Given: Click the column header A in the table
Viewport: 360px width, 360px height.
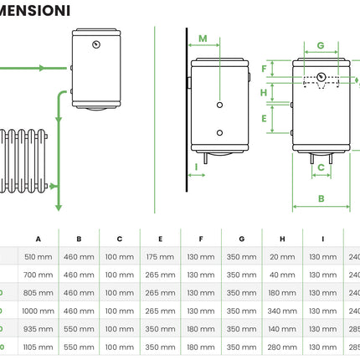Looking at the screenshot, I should tap(39, 238).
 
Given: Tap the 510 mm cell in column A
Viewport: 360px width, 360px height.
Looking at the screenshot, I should tap(39, 256).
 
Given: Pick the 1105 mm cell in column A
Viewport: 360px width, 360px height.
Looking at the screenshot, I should tap(39, 347).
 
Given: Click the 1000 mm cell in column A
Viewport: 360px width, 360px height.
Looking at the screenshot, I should tap(39, 311).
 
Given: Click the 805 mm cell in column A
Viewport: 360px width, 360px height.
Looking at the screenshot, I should tap(39, 292).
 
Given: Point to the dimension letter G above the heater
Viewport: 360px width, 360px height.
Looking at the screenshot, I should tap(320, 45).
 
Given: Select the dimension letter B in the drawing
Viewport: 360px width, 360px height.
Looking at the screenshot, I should tap(321, 198).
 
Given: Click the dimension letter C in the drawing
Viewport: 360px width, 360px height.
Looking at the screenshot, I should tap(320, 167).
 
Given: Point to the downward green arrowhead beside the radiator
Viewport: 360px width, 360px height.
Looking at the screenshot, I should tap(58, 205).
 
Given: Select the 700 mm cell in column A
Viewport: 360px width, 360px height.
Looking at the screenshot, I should tap(39, 274).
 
